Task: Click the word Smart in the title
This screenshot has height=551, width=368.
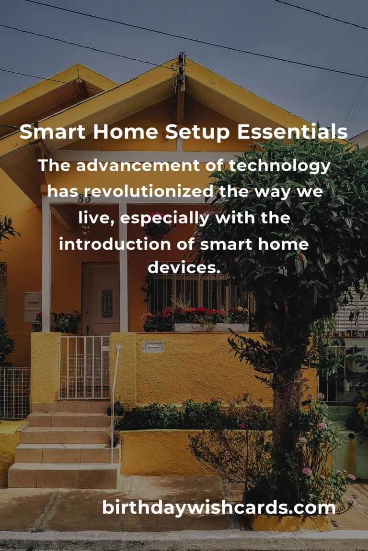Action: pyautogui.click(x=53, y=132)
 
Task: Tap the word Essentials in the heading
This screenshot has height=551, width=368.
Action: pyautogui.click(x=292, y=132)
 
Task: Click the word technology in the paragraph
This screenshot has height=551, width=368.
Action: pyautogui.click(x=280, y=166)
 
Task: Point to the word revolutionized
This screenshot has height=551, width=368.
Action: pyautogui.click(x=149, y=191)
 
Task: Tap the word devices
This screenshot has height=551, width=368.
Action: pyautogui.click(x=184, y=268)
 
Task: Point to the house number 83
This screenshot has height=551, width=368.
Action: pyautogui.click(x=84, y=199)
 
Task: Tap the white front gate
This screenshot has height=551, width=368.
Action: pyautogui.click(x=84, y=367)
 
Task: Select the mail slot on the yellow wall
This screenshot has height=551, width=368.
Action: pyautogui.click(x=153, y=347)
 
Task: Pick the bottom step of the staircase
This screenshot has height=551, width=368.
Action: pyautogui.click(x=63, y=476)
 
